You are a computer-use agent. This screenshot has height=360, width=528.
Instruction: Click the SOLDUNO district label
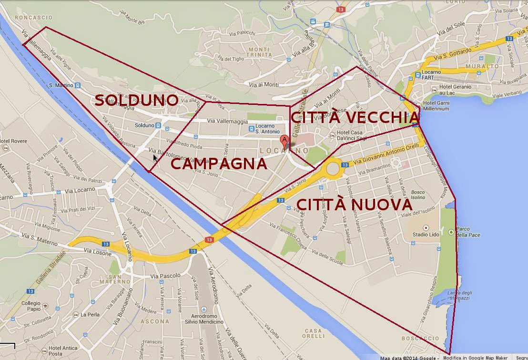pos(136,100)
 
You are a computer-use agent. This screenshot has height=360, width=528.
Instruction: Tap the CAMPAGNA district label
pos(219,164)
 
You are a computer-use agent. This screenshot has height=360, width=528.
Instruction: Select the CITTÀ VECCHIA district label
pos(355,117)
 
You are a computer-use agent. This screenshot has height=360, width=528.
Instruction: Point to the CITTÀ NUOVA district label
pos(354,205)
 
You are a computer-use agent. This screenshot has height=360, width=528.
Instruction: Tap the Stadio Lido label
pos(426,234)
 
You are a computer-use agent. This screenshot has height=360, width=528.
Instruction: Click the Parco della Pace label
pos(468,232)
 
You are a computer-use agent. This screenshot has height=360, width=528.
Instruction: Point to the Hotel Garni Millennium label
pos(436,105)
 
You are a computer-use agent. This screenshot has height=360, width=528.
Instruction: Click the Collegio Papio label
pos(31,306)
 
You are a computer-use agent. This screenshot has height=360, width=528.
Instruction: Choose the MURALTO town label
pos(483,66)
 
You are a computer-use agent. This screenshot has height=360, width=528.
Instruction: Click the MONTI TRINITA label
pos(260,52)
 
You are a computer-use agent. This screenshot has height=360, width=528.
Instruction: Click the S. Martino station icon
pos(78,85)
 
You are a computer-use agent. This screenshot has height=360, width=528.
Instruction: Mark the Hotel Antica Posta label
pos(62,350)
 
